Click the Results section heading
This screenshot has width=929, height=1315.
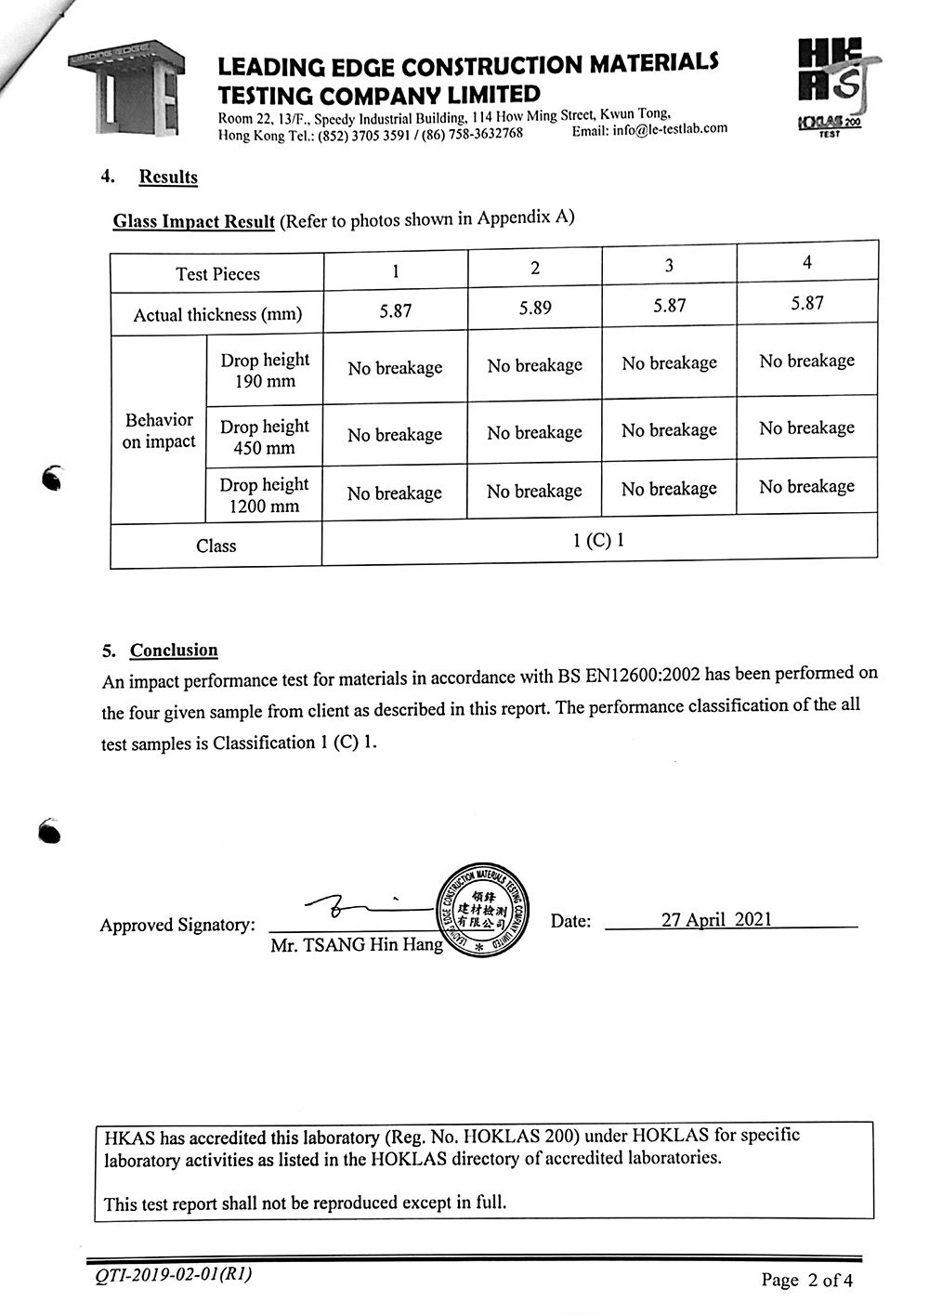(x=168, y=177)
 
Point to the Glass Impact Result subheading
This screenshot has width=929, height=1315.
(x=193, y=221)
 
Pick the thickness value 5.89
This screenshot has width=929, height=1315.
(x=535, y=308)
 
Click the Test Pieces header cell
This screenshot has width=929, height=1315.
(x=217, y=273)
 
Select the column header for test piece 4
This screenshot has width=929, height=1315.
(x=806, y=263)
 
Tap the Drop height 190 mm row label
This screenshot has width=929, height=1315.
(x=265, y=370)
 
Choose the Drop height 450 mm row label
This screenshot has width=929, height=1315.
(x=264, y=437)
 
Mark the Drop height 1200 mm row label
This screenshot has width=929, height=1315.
(x=264, y=495)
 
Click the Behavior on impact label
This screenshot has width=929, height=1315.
(x=159, y=430)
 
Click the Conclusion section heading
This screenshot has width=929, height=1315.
(x=174, y=650)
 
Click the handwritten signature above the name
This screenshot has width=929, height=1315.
(x=344, y=906)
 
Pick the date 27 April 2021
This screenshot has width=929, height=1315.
(x=716, y=919)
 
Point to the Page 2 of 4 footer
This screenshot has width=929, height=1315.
(x=806, y=1280)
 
